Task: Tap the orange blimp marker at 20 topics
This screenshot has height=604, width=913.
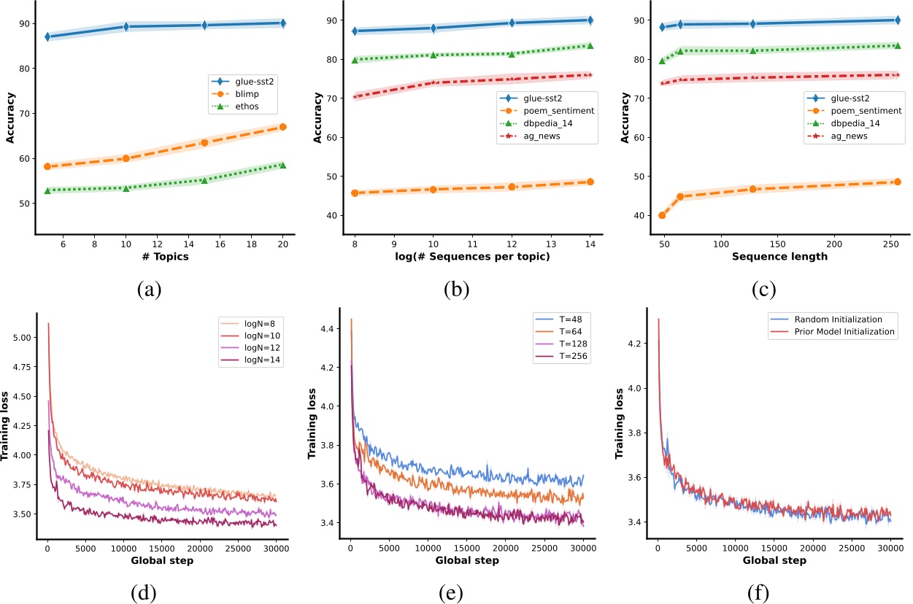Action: (282, 127)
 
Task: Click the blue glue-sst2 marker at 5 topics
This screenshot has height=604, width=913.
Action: (47, 36)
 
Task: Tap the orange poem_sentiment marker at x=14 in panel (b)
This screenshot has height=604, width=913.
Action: (590, 182)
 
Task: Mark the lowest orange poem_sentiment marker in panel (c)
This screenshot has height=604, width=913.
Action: (662, 215)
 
